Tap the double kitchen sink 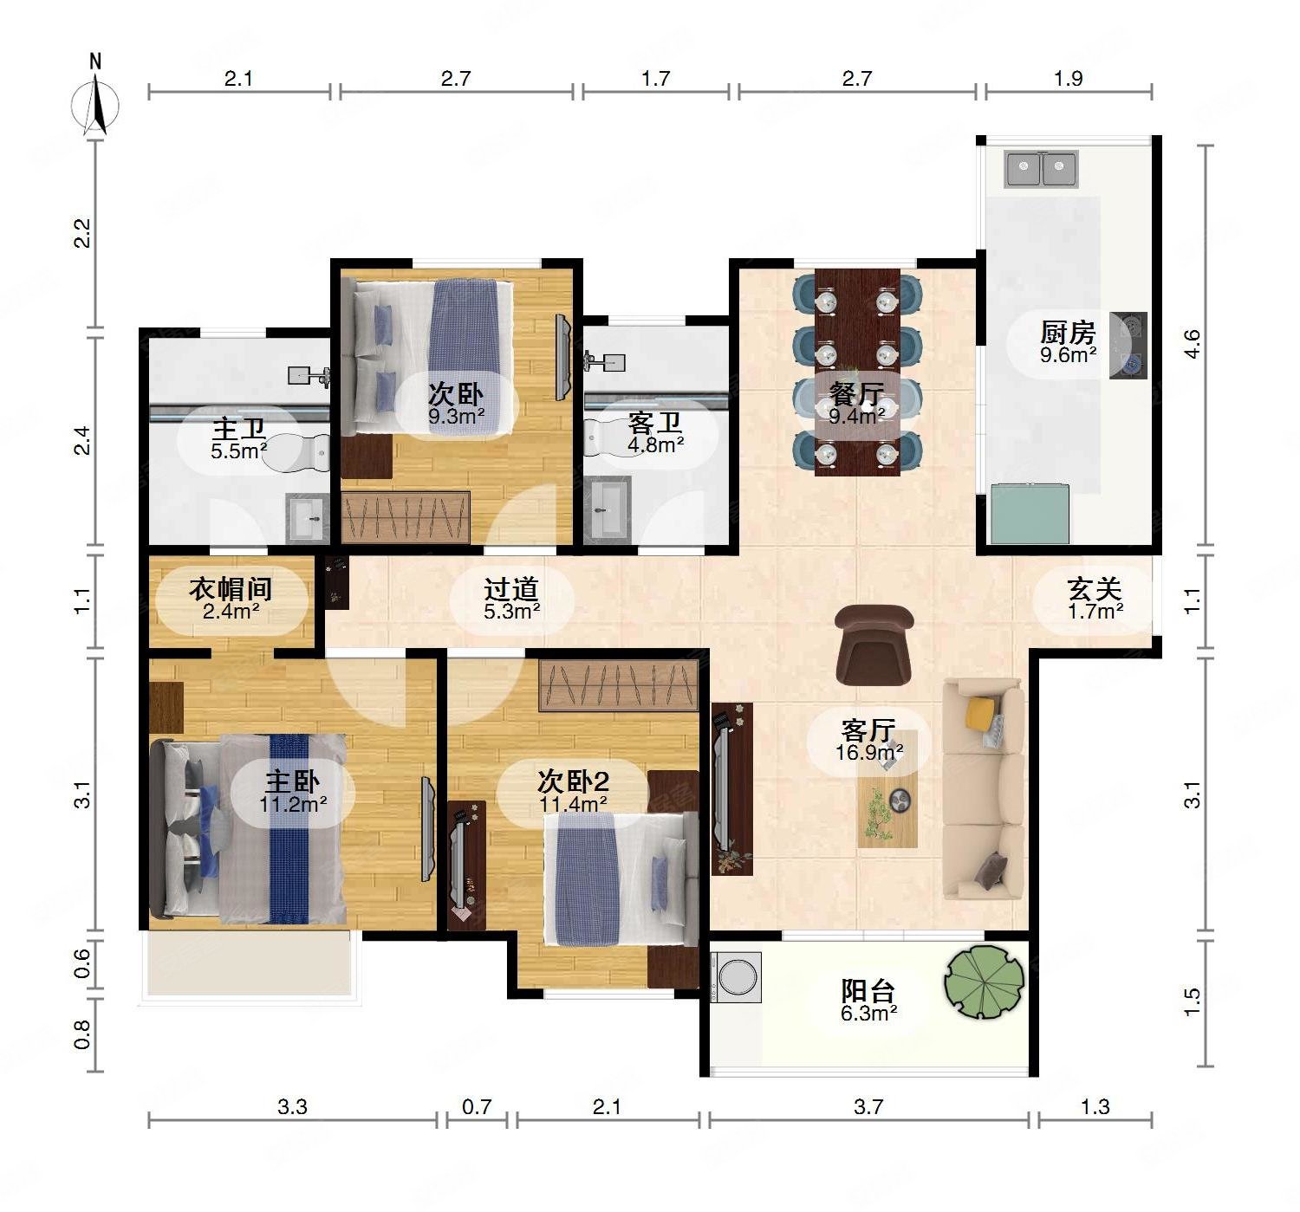point(1041,170)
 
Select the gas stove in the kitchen point(1128,346)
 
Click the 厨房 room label point(1068,333)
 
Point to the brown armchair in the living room point(874,645)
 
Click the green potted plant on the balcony point(984,981)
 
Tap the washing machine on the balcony point(736,977)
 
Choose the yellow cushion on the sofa point(980,712)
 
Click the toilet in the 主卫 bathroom point(298,451)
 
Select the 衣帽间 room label point(231,589)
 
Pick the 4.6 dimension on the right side point(1192,344)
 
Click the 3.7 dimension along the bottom point(868,1106)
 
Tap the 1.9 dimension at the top point(1068,79)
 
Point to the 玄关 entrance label point(1095,589)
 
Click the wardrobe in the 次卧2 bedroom point(619,685)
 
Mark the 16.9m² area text point(869,752)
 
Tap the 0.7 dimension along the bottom point(477,1106)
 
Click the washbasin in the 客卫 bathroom point(607,509)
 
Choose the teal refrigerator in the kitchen point(1030,514)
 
